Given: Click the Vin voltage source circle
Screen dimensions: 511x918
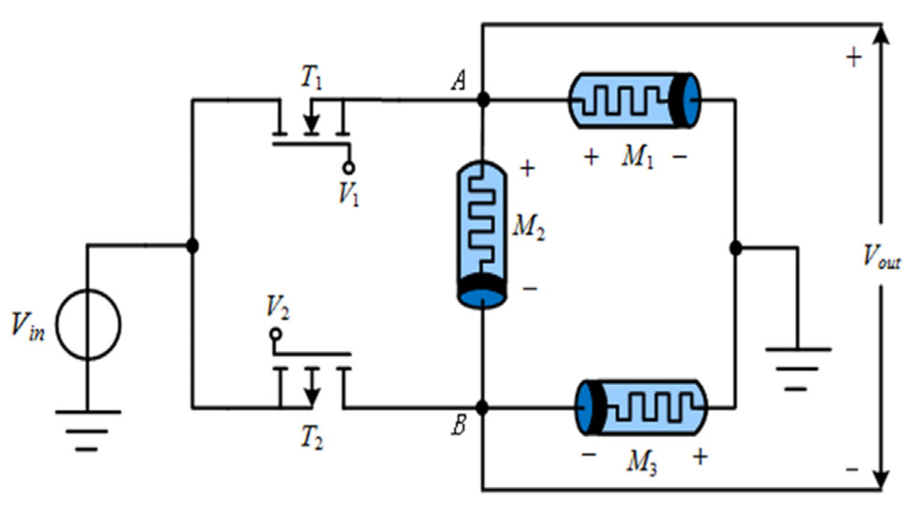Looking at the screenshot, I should [88, 324].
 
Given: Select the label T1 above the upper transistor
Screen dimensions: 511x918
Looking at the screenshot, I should [311, 77].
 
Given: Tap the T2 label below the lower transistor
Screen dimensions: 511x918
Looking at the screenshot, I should [312, 437].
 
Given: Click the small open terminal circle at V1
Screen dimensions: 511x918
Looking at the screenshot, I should [349, 168].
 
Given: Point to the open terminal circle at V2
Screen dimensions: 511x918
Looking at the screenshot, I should [275, 334].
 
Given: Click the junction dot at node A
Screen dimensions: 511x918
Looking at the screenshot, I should [483, 99].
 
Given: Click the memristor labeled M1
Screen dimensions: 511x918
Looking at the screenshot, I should [634, 100].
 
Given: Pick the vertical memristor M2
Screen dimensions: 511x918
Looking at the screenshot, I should [482, 234].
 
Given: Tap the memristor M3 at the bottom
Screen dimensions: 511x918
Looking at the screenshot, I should [641, 408].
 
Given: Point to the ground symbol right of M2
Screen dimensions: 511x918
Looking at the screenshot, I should [797, 368].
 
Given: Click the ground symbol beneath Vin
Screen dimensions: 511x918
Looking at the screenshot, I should [87, 430].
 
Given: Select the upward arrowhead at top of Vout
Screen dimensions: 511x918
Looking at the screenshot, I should [880, 35].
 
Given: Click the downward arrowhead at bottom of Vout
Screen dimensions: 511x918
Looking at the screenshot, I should [880, 479].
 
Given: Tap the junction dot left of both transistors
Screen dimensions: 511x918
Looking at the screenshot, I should [193, 245].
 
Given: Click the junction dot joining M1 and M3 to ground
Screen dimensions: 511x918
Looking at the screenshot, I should [736, 248].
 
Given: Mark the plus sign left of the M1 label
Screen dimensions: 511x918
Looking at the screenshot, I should [591, 157].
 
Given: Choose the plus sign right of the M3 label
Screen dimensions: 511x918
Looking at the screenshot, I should [700, 457].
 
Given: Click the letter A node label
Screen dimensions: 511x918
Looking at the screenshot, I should [459, 80].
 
